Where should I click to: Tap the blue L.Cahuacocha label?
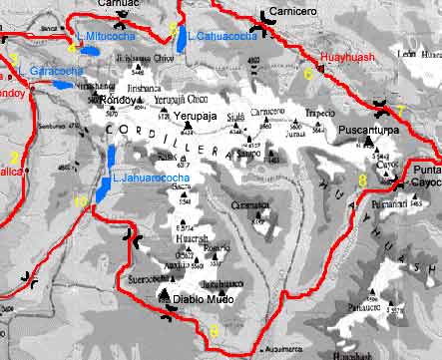(x=221, y=37)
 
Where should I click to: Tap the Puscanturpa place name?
(x=368, y=131)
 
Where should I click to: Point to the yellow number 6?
(x=308, y=74)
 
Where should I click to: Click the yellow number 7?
(x=399, y=110)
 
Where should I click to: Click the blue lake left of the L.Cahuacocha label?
(x=180, y=41)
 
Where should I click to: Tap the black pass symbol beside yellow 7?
(x=380, y=105)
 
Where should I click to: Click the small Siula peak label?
(x=235, y=117)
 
